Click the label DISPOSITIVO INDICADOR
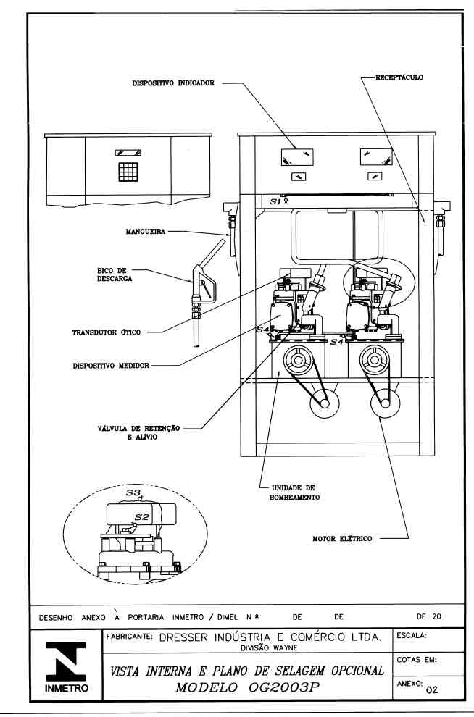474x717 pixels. click(x=173, y=83)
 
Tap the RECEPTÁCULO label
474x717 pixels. click(x=399, y=77)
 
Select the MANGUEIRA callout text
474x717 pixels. click(x=146, y=232)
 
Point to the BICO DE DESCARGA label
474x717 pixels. click(x=115, y=274)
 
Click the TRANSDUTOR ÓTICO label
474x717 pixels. click(x=106, y=332)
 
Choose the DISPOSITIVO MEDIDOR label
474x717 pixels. click(x=111, y=366)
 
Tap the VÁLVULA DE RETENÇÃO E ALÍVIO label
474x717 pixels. click(x=138, y=432)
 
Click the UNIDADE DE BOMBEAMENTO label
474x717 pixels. click(x=294, y=492)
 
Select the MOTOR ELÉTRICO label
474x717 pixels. click(x=342, y=539)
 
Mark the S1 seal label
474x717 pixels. click(x=275, y=201)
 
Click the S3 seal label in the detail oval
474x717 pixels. click(x=133, y=493)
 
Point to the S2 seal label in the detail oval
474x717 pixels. click(x=142, y=517)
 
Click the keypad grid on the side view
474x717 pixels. click(x=128, y=172)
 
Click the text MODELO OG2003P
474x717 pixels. click(x=246, y=687)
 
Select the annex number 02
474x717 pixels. click(x=431, y=690)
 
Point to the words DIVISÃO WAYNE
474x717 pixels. click(x=269, y=647)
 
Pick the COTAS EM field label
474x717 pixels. click(x=416, y=660)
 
